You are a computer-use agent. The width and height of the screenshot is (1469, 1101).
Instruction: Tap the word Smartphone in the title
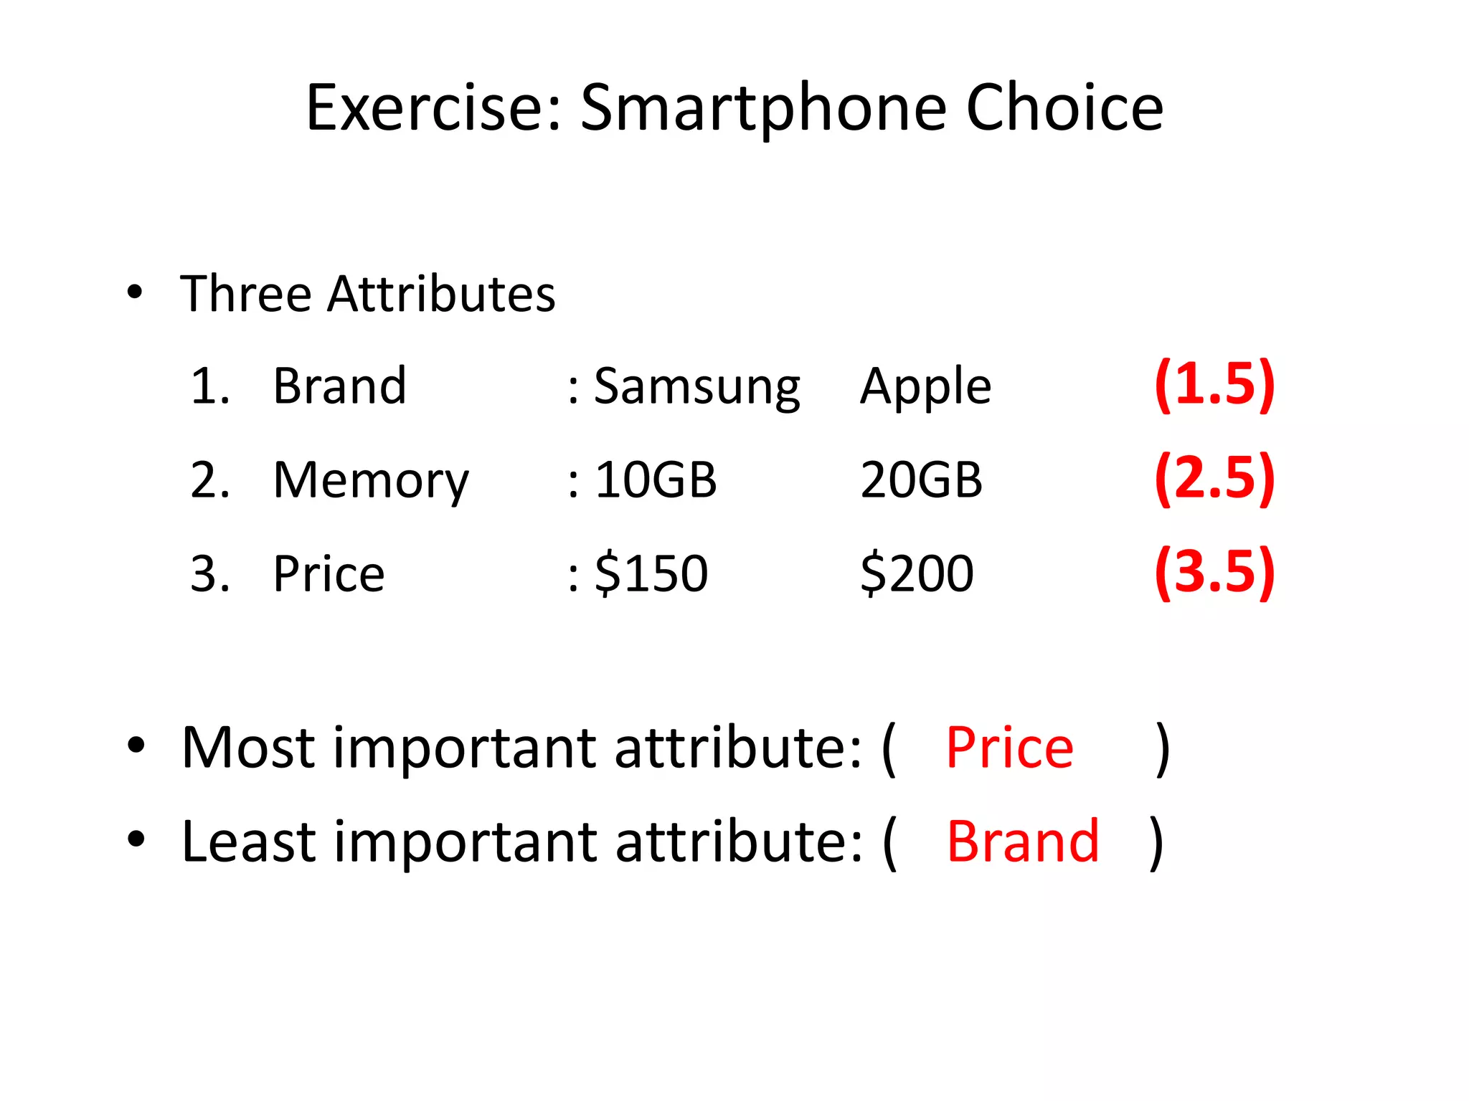point(764,109)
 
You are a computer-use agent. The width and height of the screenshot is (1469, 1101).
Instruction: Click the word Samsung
point(696,388)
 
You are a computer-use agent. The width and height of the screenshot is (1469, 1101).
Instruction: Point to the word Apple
point(925,388)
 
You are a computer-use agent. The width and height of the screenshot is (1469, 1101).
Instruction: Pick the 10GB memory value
point(656,480)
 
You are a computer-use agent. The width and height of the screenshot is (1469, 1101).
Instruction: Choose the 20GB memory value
point(921,480)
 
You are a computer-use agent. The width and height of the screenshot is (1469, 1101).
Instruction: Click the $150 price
point(651,573)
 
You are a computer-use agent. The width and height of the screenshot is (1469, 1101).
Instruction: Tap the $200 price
point(917,573)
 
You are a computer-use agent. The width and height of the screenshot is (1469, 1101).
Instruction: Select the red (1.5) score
point(1214,385)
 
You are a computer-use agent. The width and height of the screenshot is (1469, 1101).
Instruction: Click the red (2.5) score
point(1214,478)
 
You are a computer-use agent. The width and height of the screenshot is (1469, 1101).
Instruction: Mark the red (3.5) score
point(1214,572)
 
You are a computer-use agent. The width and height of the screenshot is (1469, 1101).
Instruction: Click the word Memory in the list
point(371,481)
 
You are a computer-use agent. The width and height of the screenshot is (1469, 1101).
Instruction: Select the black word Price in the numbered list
point(329,573)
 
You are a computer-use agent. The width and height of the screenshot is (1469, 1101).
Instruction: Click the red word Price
point(1009,748)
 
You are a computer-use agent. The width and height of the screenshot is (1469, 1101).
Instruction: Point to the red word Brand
point(1023,841)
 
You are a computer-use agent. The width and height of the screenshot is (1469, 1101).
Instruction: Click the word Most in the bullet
point(248,748)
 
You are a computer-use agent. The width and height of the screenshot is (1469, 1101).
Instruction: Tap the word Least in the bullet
point(247,841)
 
